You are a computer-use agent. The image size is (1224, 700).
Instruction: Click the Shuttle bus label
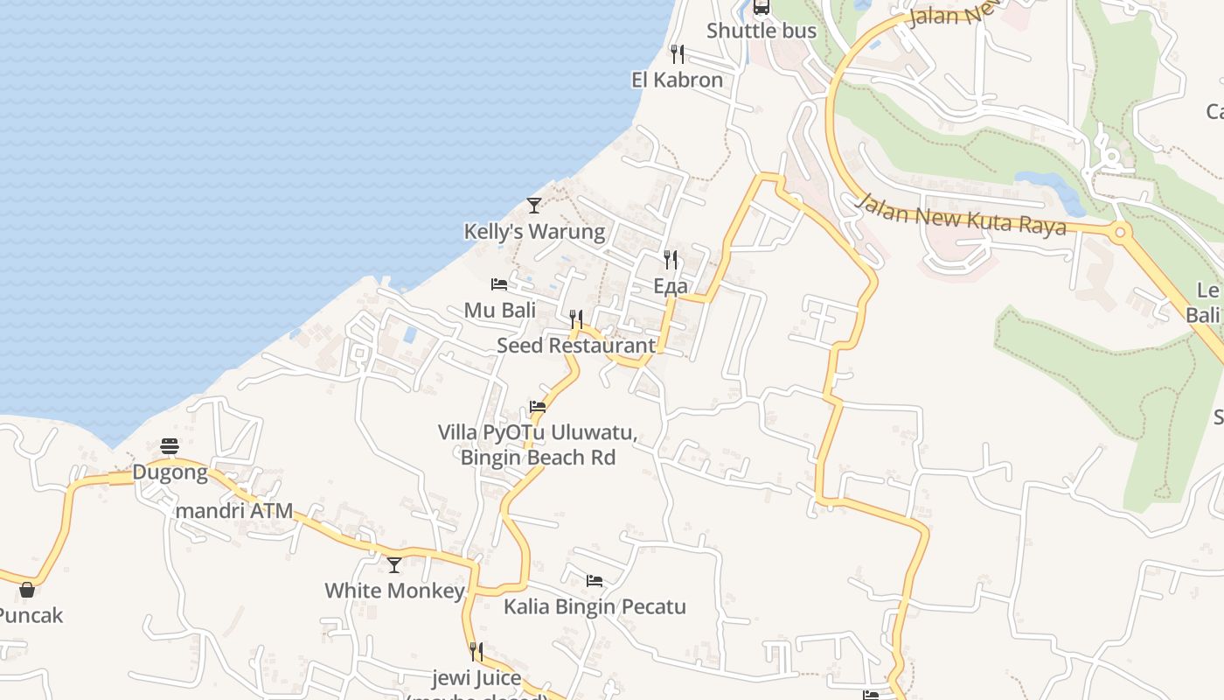click(761, 31)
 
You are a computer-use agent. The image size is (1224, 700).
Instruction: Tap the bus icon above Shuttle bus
click(762, 7)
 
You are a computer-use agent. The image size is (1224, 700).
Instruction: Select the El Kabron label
click(677, 80)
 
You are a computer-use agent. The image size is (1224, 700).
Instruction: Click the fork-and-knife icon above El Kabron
click(677, 54)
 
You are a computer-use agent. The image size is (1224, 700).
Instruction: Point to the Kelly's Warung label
click(533, 232)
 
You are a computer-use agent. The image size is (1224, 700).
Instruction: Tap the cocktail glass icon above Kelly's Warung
click(534, 206)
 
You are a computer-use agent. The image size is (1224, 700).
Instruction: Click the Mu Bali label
click(499, 310)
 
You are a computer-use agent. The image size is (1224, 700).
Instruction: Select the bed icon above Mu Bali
click(499, 284)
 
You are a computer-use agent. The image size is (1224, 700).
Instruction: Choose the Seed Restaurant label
click(575, 345)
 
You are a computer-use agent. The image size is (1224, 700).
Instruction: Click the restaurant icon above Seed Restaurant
click(575, 319)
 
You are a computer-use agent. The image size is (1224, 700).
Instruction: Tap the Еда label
click(670, 286)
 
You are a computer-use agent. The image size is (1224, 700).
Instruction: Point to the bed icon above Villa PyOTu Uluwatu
click(538, 407)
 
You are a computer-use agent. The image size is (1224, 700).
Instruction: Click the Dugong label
click(170, 473)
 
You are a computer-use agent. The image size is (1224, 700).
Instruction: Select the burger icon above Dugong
click(170, 447)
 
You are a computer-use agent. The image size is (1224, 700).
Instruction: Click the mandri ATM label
click(234, 511)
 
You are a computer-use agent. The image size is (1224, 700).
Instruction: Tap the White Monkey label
click(394, 591)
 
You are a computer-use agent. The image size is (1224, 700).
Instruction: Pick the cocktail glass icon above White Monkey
click(394, 565)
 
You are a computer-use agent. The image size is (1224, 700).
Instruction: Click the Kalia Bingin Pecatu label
click(595, 606)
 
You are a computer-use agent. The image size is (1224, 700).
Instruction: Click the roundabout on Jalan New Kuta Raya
click(1119, 233)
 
